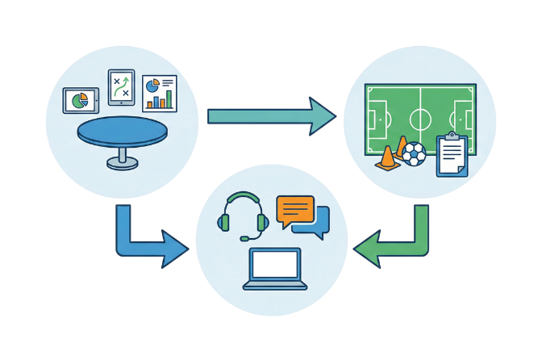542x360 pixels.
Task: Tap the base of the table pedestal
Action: coord(122,163)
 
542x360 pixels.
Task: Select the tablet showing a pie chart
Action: coord(81,101)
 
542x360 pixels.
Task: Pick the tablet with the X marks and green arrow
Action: coord(122,87)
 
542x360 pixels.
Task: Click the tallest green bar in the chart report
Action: coord(169,98)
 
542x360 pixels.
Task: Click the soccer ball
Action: coord(413,154)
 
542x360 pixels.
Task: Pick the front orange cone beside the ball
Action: coord(387,157)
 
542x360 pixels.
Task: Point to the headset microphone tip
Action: coord(244,238)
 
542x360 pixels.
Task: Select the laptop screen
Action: coord(275,265)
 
